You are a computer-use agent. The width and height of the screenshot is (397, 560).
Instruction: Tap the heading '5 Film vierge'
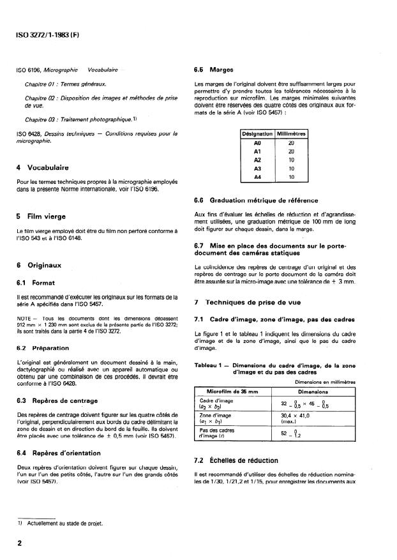point(42,216)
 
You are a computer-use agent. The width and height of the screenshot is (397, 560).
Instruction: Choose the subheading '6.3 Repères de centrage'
point(57,400)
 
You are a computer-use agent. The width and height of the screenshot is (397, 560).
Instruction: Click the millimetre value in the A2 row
point(291,160)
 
